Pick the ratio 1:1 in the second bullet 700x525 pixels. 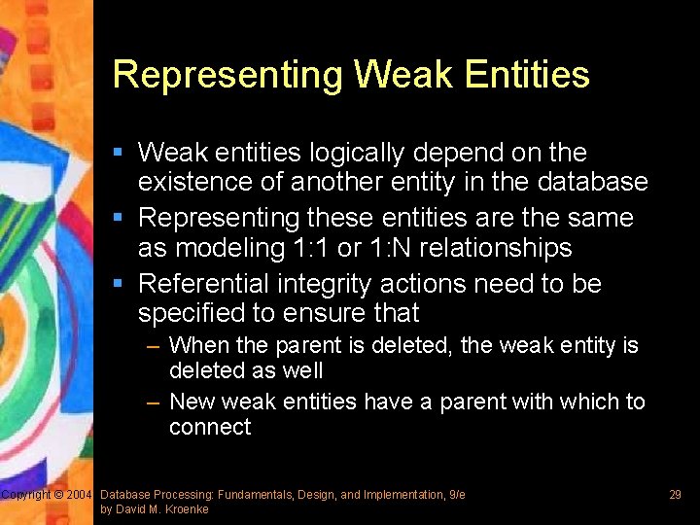(x=309, y=248)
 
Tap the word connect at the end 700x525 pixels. (x=210, y=428)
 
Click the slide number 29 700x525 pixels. (x=675, y=495)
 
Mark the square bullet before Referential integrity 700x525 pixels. (x=118, y=285)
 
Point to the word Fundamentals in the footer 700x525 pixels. (x=257, y=495)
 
